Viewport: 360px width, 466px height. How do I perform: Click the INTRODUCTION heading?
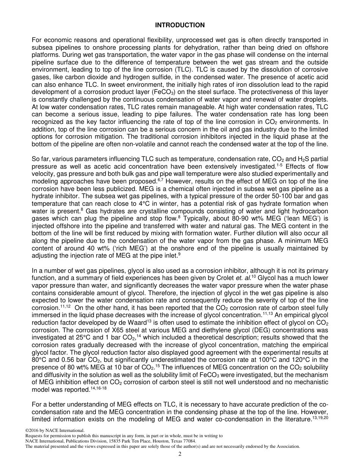pyautogui.click(x=180, y=25)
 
